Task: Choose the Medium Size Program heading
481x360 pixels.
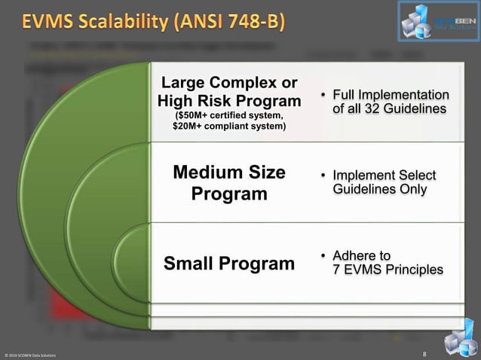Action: (228, 183)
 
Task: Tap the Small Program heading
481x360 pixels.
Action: (228, 264)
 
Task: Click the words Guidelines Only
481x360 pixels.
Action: (379, 190)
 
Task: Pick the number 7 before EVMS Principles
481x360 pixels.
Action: (336, 269)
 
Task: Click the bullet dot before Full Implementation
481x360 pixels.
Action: (321, 96)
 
